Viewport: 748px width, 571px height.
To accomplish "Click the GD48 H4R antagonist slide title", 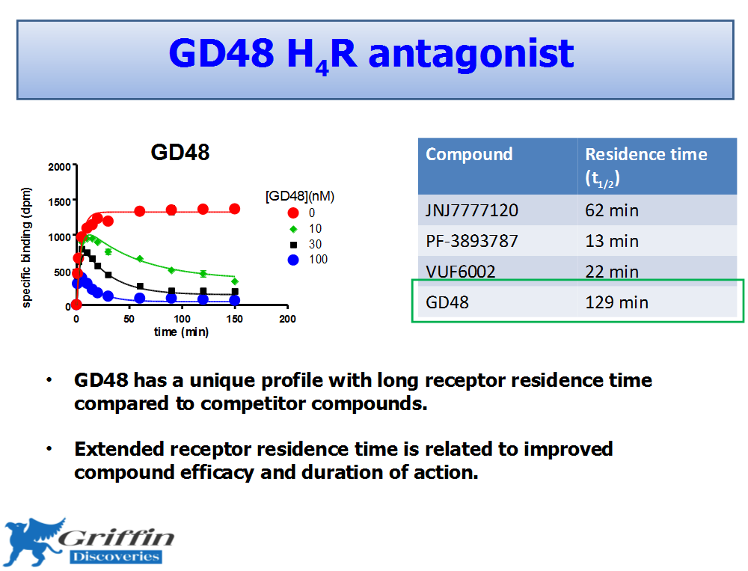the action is pos(371,55).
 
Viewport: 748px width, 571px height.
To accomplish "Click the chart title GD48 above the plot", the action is pos(180,153).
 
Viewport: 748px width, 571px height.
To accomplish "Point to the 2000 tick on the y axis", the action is pos(59,167).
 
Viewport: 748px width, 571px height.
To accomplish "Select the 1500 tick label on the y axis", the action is pos(59,202).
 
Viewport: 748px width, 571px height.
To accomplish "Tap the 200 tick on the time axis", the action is pos(287,319).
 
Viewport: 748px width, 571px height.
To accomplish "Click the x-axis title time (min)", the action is pos(181,332).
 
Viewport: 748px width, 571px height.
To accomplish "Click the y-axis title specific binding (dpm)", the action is pos(26,247).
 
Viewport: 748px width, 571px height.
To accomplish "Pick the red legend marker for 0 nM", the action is pos(293,213).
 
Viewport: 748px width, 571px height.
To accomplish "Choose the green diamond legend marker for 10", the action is pos(293,229).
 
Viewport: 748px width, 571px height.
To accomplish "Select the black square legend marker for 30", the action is pos(294,245).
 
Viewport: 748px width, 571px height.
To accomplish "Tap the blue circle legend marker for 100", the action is pos(293,260).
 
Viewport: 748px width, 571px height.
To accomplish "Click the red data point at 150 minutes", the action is pos(234,209).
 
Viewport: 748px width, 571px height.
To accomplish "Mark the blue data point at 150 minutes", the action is pos(234,300).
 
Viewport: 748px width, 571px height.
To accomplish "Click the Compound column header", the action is pos(469,154).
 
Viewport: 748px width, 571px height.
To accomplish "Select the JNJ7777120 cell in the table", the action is pos(472,210).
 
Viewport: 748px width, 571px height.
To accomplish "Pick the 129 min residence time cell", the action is pos(616,302).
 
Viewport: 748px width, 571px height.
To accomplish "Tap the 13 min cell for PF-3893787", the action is pos(612,241).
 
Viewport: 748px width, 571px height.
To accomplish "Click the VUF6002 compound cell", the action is pos(460,272).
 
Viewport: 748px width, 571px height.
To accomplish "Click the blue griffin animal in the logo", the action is pos(34,541).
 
